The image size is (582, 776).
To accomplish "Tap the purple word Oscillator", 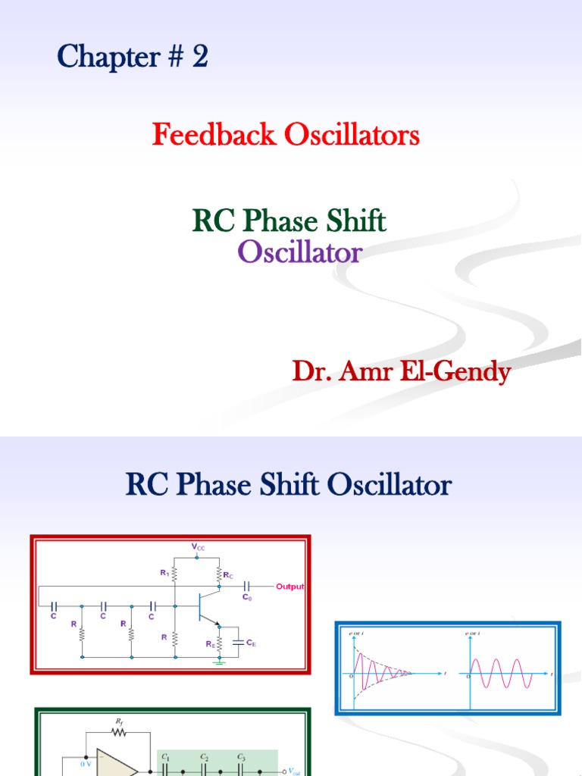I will point(300,252).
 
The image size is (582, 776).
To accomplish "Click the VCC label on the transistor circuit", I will point(198,546).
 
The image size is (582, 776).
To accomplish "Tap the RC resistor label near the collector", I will point(227,575).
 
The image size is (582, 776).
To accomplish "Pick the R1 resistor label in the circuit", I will point(164,574).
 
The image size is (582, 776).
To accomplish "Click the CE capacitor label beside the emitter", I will point(250,643).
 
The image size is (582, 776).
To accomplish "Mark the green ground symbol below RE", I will point(220,661).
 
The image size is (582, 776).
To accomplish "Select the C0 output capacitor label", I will point(247,596).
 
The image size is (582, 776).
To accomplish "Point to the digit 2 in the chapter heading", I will point(199,57).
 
